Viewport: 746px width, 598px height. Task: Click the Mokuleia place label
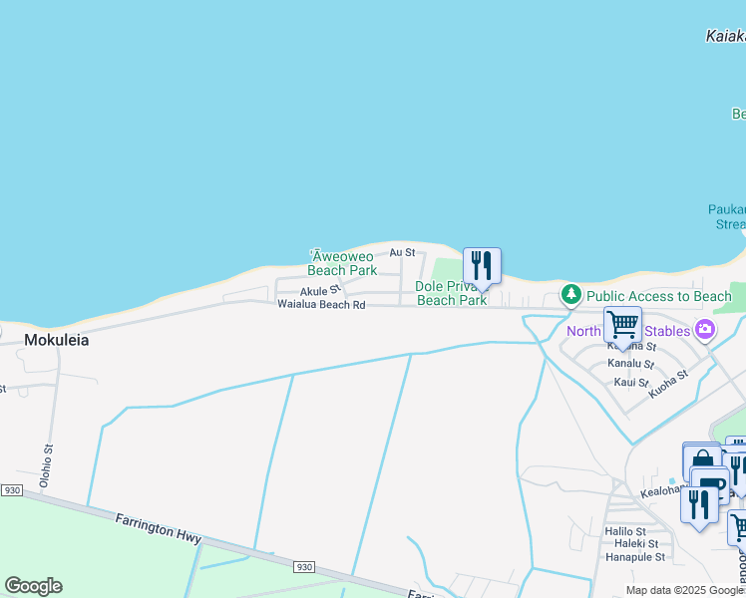click(56, 340)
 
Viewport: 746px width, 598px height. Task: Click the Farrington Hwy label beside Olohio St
click(159, 528)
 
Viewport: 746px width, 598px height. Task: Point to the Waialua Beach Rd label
click(321, 304)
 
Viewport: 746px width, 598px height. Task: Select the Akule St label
click(321, 290)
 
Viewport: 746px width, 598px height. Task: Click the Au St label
click(402, 253)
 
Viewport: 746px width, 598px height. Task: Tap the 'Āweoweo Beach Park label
click(342, 263)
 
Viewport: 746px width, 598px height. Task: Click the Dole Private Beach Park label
click(451, 293)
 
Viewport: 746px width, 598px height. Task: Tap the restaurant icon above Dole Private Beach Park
click(482, 266)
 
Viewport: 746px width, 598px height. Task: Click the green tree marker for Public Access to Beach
click(570, 295)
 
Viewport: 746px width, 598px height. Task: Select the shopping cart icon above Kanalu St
click(622, 324)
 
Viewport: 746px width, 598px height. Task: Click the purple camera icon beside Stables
click(705, 329)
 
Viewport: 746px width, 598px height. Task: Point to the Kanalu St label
click(628, 364)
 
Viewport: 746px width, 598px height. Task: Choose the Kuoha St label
click(668, 384)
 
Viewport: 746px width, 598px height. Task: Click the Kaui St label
click(631, 382)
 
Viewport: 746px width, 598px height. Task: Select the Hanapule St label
click(634, 557)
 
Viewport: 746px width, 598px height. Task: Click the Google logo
click(33, 586)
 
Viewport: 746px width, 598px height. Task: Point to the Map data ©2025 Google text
click(684, 590)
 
